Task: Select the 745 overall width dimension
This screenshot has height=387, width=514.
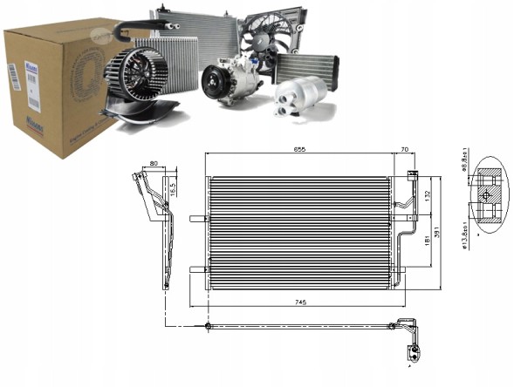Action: [x=301, y=302]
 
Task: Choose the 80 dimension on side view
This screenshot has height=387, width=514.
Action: [x=154, y=162]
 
